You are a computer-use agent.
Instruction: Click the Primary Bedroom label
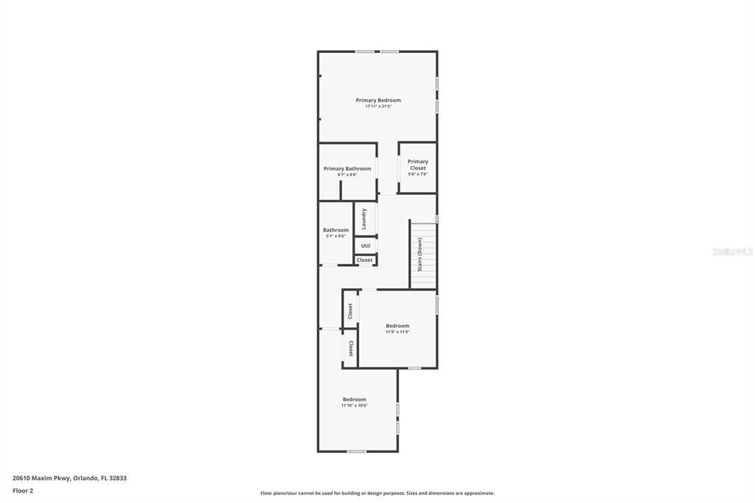point(378,100)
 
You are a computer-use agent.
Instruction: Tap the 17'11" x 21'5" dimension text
point(378,106)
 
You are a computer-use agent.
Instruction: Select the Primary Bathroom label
point(347,169)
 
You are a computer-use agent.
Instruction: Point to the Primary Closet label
point(418,164)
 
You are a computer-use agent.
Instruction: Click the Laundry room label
point(363,218)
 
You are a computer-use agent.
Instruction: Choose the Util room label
point(366,246)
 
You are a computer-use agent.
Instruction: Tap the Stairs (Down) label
point(420,254)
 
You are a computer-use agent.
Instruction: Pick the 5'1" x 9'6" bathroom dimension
point(335,236)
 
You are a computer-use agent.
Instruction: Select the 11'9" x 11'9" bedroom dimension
point(397,332)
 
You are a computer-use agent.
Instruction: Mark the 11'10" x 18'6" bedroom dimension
point(354,406)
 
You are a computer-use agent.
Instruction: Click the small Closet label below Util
point(365,260)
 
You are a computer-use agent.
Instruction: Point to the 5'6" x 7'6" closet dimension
point(418,175)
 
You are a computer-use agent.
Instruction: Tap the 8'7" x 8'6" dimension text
point(347,175)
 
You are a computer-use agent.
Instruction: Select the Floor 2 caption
point(23,490)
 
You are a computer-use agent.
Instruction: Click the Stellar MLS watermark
point(732,251)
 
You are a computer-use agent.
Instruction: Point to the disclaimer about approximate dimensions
point(377,493)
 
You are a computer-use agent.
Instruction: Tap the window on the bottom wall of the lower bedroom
point(357,451)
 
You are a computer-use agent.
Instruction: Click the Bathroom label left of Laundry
point(335,230)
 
